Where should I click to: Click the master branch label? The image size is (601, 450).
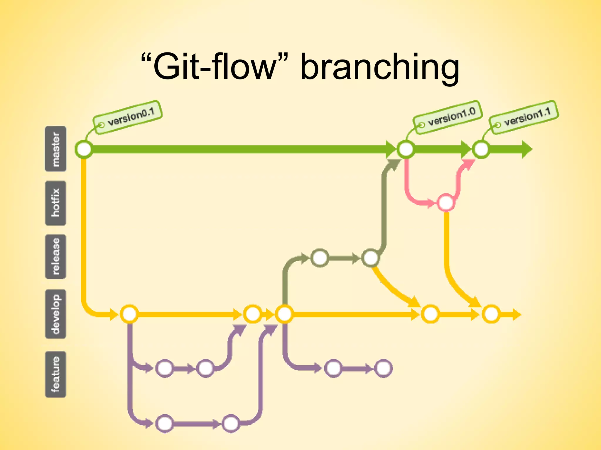(x=55, y=149)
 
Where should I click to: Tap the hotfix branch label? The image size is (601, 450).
(x=55, y=203)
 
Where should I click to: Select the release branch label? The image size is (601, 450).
(x=55, y=257)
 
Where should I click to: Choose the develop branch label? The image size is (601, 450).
(x=55, y=314)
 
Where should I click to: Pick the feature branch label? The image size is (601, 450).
(x=55, y=374)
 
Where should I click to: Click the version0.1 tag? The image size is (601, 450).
(x=128, y=117)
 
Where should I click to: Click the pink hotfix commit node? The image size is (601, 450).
(x=446, y=202)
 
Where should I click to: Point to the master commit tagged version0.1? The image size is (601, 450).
(x=84, y=149)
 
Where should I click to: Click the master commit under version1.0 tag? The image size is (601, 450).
(x=406, y=149)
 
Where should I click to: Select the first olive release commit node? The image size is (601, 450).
(x=320, y=258)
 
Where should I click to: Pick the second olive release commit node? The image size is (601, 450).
(x=370, y=258)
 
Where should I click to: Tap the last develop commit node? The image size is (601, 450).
(x=491, y=314)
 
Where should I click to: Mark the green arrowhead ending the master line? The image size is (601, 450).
(x=526, y=149)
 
